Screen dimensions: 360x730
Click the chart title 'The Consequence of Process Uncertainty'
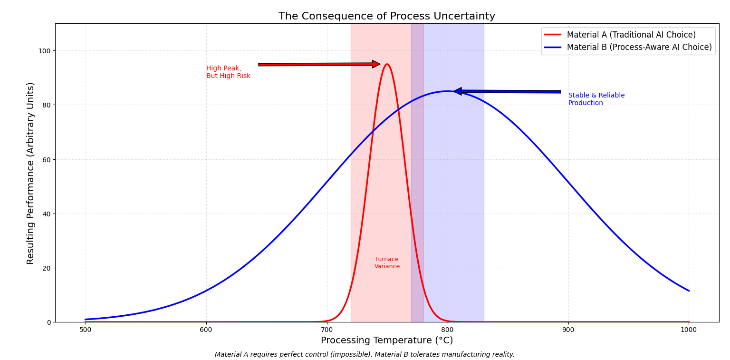tap(386, 16)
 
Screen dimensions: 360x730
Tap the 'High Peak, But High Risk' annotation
tap(228, 72)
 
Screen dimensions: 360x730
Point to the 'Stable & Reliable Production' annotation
tap(596, 99)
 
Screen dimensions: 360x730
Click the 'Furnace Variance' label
tap(387, 263)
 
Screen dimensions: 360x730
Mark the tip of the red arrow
tap(380, 64)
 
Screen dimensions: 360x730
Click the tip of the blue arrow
tap(454, 91)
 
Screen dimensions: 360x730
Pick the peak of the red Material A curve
tap(387, 64)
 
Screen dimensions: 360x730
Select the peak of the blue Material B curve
tap(447, 91)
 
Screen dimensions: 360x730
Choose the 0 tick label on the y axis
tap(49, 322)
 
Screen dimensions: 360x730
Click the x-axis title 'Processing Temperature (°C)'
tap(386, 341)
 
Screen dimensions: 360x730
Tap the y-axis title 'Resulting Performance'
tap(31, 173)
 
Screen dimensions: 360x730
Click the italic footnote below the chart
tap(365, 354)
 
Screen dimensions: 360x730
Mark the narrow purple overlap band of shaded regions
tap(417, 190)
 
